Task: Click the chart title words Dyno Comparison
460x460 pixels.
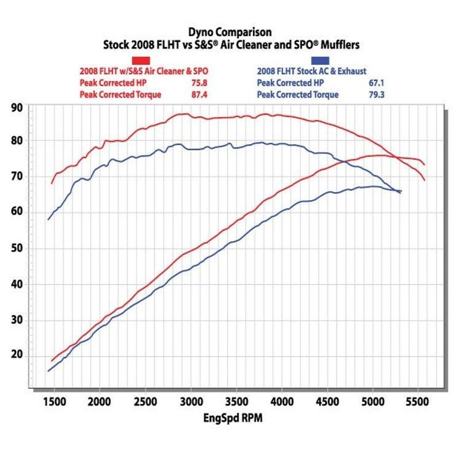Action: tap(229, 33)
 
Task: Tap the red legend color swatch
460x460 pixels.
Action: tap(141, 60)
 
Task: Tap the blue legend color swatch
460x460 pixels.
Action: tap(320, 60)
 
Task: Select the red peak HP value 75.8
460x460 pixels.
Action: tap(199, 83)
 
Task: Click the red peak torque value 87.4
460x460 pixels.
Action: tap(199, 94)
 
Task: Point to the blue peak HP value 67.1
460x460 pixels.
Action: tap(377, 83)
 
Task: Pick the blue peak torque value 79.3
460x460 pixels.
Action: tap(377, 94)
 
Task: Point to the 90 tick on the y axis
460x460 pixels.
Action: tap(17, 108)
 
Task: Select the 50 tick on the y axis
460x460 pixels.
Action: tap(17, 248)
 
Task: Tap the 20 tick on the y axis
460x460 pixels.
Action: tap(17, 355)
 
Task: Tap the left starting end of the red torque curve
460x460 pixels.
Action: tap(52, 183)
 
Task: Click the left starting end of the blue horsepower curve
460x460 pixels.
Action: tap(48, 371)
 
